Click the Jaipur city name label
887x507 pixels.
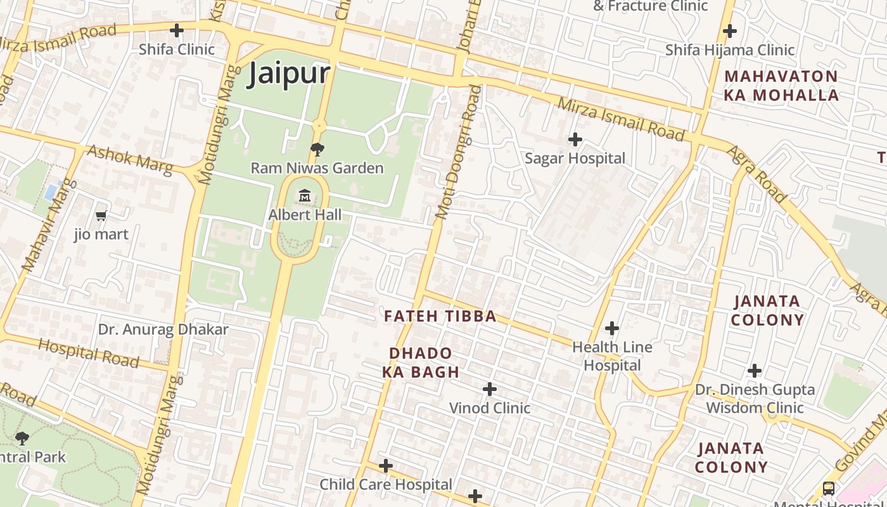(x=289, y=74)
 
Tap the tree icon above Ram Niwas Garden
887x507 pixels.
(x=317, y=150)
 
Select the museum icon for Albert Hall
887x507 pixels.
(x=305, y=196)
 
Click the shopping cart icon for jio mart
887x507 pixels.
(x=101, y=216)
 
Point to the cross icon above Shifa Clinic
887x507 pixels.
(x=177, y=30)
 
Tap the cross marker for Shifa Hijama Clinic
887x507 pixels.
(x=730, y=30)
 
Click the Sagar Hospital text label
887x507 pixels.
(x=575, y=158)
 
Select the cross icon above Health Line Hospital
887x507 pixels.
(x=612, y=328)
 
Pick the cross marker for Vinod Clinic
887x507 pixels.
(x=490, y=388)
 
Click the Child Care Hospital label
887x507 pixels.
(x=386, y=485)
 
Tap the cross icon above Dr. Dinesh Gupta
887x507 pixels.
(x=755, y=371)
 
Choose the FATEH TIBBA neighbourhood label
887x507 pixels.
(x=440, y=316)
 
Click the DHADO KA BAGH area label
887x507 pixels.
(x=421, y=363)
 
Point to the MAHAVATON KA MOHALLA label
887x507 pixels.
(x=782, y=86)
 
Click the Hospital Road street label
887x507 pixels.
(x=88, y=353)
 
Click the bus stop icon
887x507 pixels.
(x=829, y=488)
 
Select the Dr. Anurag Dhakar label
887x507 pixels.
(x=163, y=330)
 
